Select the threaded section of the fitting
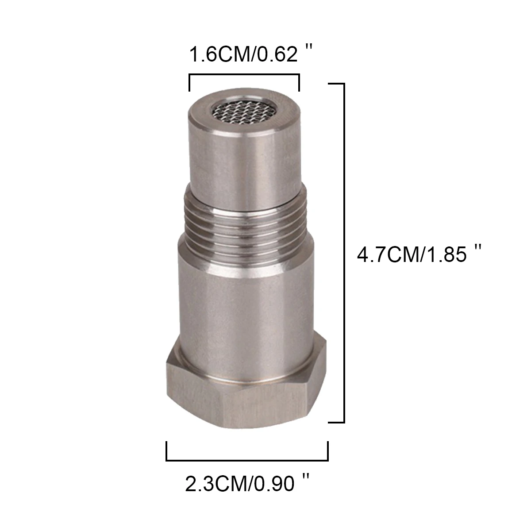245,221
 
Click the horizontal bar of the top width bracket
244,76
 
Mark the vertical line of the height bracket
343,252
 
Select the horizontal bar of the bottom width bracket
247,460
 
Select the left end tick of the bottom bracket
167,451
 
